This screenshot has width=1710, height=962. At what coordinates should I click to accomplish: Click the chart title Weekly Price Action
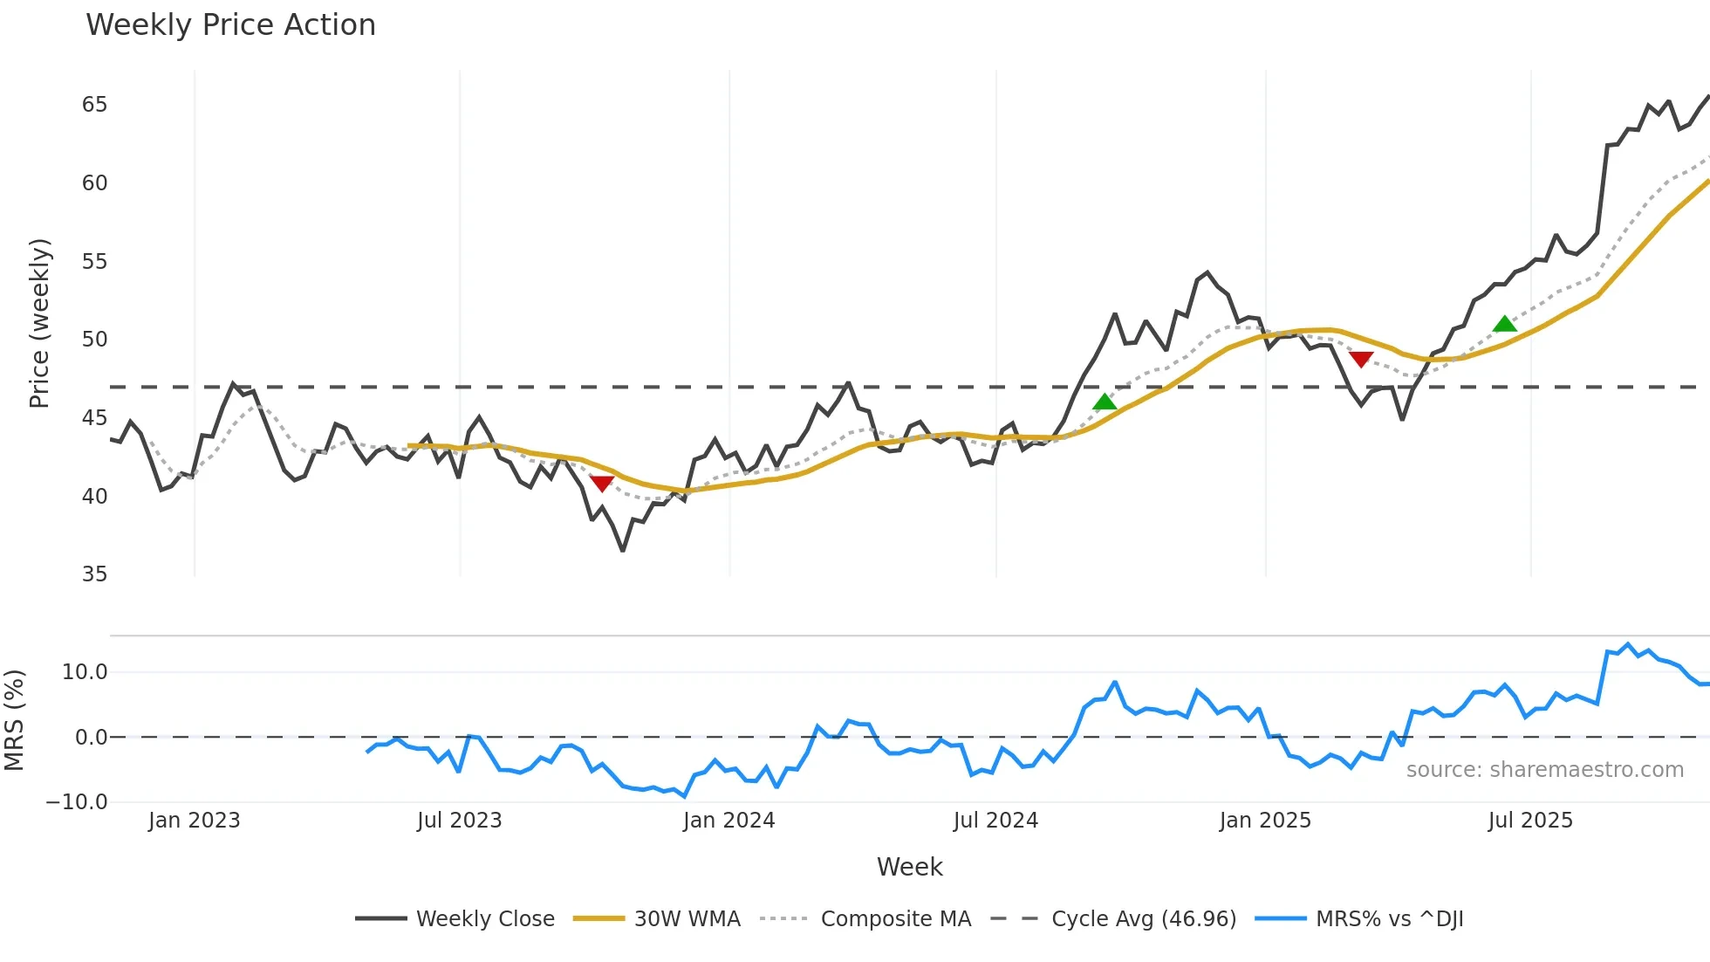230,25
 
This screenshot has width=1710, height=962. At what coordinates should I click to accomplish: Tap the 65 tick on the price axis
94,105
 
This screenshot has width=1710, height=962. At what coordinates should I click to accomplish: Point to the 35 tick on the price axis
94,574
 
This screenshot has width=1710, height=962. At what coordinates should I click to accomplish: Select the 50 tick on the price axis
94,340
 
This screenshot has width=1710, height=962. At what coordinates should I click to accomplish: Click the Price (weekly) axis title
39,323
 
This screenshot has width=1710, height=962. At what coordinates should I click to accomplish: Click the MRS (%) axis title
14,720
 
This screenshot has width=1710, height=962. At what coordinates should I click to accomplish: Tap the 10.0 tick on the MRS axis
85,672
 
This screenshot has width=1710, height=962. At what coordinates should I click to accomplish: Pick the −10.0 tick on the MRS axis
77,802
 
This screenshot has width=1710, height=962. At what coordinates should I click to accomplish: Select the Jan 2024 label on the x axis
728,821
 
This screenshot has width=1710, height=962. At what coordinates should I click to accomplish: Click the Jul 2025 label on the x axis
1530,821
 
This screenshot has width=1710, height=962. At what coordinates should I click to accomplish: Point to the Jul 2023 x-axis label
459,821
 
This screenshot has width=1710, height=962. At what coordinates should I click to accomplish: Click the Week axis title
909,867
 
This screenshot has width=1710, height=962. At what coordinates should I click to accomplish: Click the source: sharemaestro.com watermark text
1544,770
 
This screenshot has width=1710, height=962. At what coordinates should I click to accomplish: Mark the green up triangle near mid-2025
1505,325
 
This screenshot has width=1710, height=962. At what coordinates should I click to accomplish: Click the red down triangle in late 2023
602,483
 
